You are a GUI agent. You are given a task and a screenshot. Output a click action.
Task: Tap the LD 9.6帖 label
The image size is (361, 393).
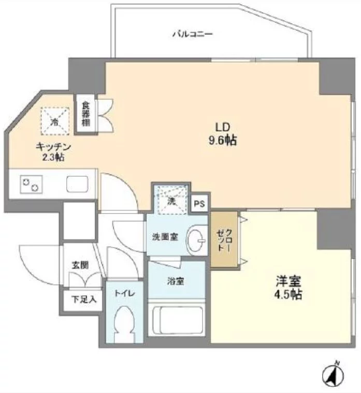tap(222, 133)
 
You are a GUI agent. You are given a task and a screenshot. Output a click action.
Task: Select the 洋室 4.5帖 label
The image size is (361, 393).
tap(288, 289)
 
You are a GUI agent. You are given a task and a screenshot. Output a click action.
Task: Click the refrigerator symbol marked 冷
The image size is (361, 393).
tap(55, 120)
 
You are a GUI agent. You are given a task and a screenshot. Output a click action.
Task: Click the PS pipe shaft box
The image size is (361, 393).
tap(199, 204)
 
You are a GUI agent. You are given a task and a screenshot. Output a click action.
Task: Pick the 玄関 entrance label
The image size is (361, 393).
tap(80, 265)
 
